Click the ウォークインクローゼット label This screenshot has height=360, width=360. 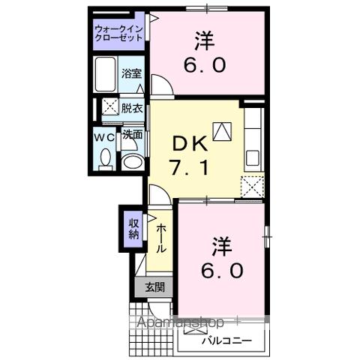pyautogui.click(x=118, y=33)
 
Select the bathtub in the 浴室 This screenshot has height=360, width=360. pyautogui.click(x=106, y=73)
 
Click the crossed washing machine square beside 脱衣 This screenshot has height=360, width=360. pyautogui.click(x=109, y=106)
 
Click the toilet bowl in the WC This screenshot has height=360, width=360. pyautogui.click(x=105, y=158)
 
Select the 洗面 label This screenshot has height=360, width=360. pyautogui.click(x=132, y=136)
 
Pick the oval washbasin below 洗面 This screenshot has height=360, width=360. pyautogui.click(x=132, y=160)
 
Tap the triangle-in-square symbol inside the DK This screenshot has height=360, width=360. pyautogui.click(x=223, y=131)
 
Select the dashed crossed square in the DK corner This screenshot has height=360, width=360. pyautogui.click(x=252, y=186)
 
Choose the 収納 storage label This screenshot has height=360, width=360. pyautogui.click(x=133, y=228)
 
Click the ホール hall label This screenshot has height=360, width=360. pyautogui.click(x=161, y=238)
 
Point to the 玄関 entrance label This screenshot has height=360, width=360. pyautogui.click(x=154, y=286)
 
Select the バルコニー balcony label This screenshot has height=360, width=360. pyautogui.click(x=226, y=341)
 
